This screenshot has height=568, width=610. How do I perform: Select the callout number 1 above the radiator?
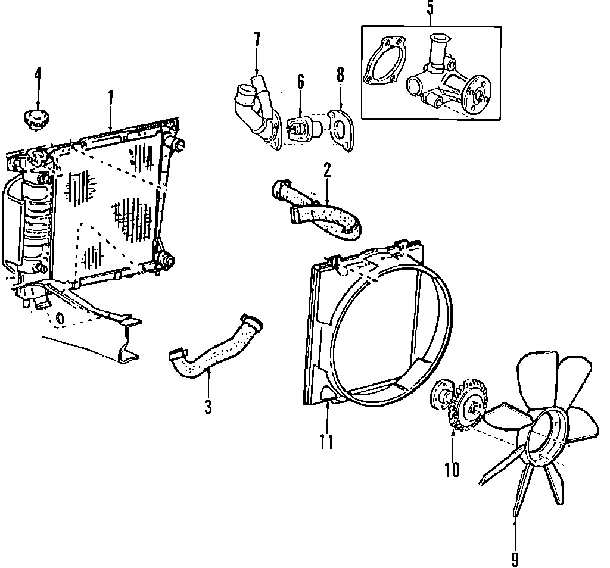[x=111, y=96]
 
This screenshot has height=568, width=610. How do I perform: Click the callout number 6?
[x=300, y=80]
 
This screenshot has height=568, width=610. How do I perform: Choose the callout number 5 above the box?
[x=430, y=9]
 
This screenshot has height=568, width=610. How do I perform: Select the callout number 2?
[x=327, y=170]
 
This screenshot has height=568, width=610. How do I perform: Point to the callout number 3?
[x=208, y=407]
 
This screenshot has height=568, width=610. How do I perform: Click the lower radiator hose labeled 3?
[x=211, y=352]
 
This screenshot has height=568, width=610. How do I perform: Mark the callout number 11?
[x=326, y=441]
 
